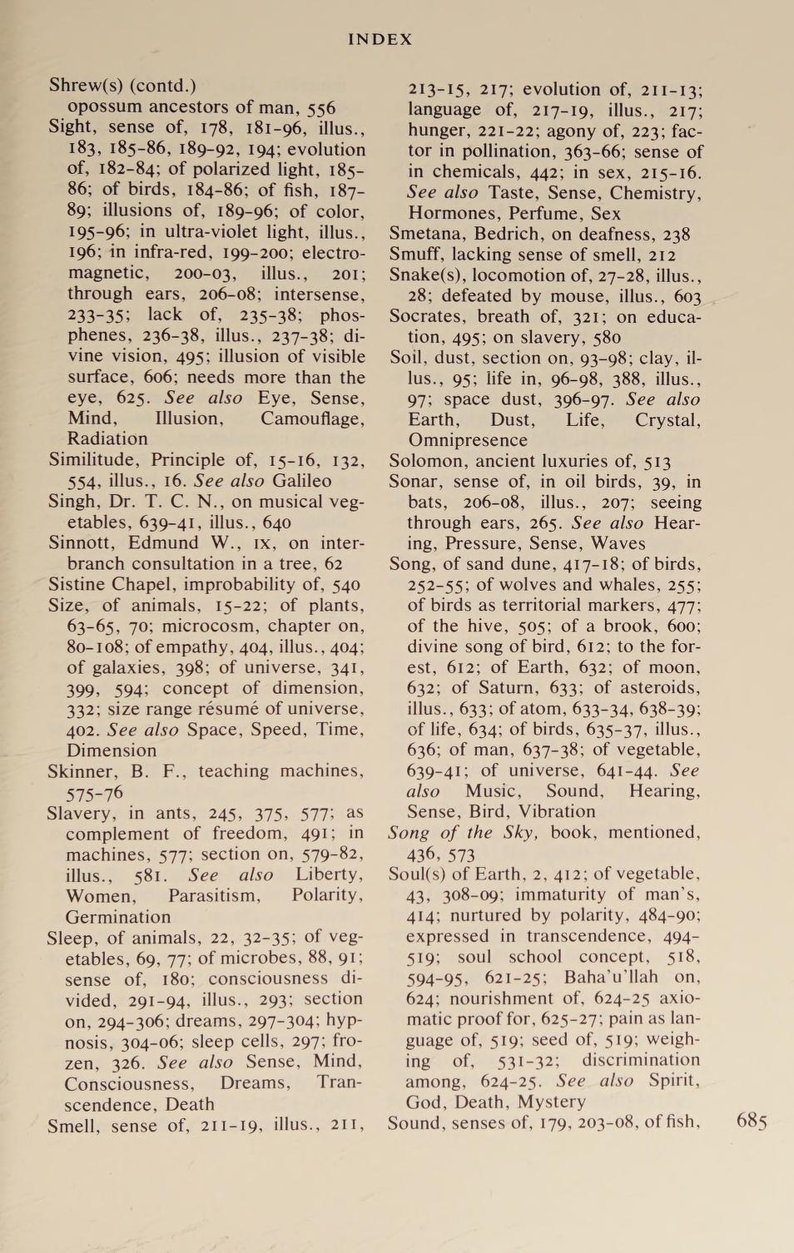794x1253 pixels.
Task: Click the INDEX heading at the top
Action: point(380,39)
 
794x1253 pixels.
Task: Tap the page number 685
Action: point(752,1121)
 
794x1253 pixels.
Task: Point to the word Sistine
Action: point(77,584)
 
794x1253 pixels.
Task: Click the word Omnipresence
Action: point(467,440)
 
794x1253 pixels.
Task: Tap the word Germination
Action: point(118,917)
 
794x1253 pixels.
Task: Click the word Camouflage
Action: point(312,418)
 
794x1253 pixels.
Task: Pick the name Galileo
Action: point(302,480)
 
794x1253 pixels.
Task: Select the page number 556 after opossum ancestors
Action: point(320,107)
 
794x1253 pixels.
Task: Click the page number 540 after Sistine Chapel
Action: point(345,584)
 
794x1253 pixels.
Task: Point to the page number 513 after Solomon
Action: point(654,461)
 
